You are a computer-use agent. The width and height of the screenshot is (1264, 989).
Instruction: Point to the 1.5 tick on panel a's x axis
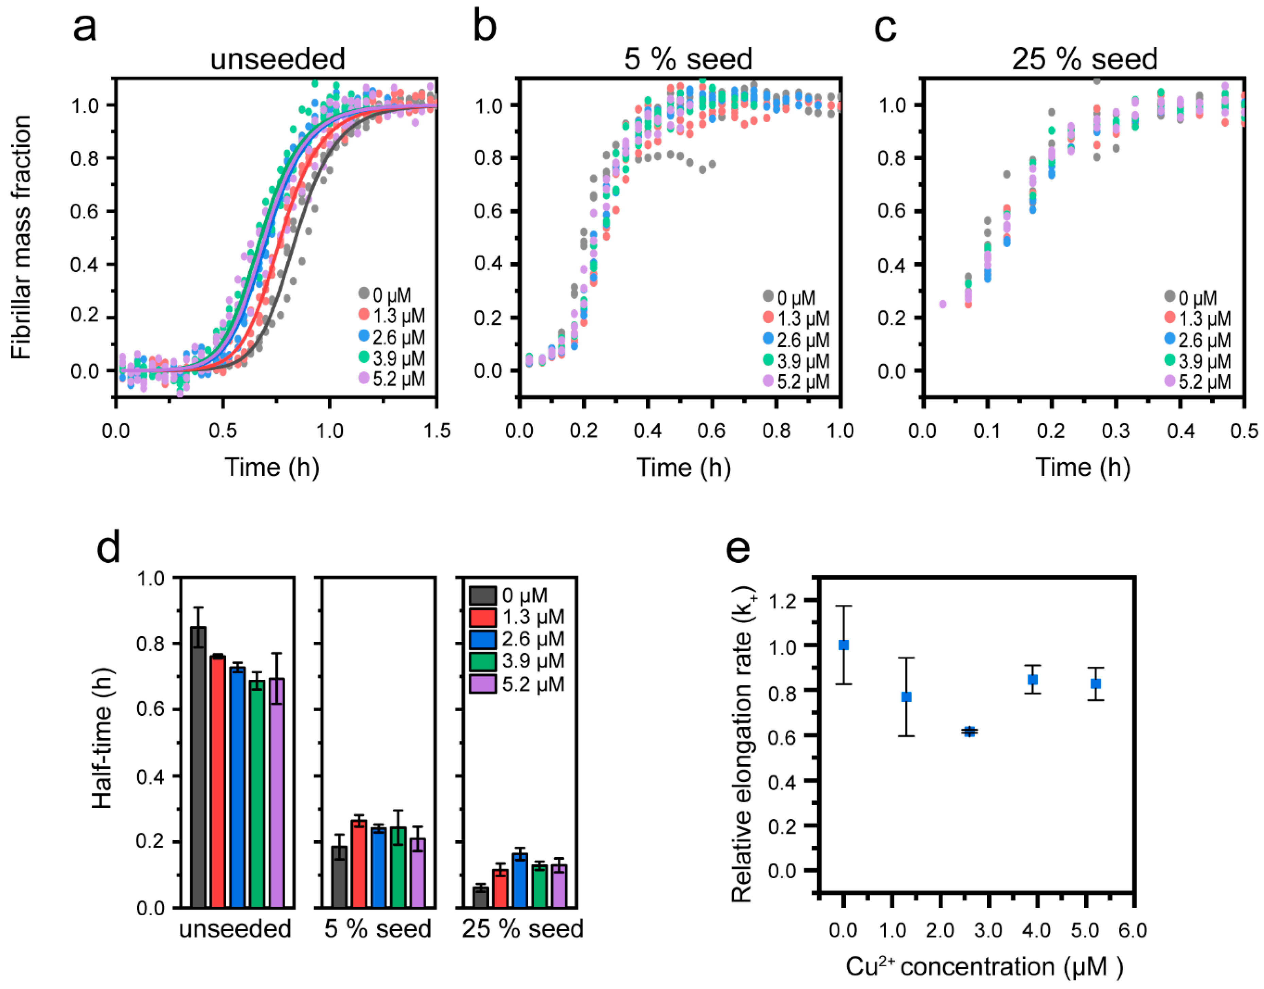pos(437,431)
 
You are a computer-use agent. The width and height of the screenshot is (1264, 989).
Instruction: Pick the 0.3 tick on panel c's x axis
pos(1116,431)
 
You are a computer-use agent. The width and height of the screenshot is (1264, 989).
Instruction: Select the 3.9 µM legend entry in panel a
pos(392,359)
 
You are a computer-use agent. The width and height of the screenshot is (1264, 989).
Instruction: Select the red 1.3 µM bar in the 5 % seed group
pos(359,863)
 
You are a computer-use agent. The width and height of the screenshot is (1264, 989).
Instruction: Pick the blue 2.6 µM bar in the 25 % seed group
pos(520,880)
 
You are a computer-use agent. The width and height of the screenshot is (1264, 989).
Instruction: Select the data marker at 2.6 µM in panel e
pos(969,731)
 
